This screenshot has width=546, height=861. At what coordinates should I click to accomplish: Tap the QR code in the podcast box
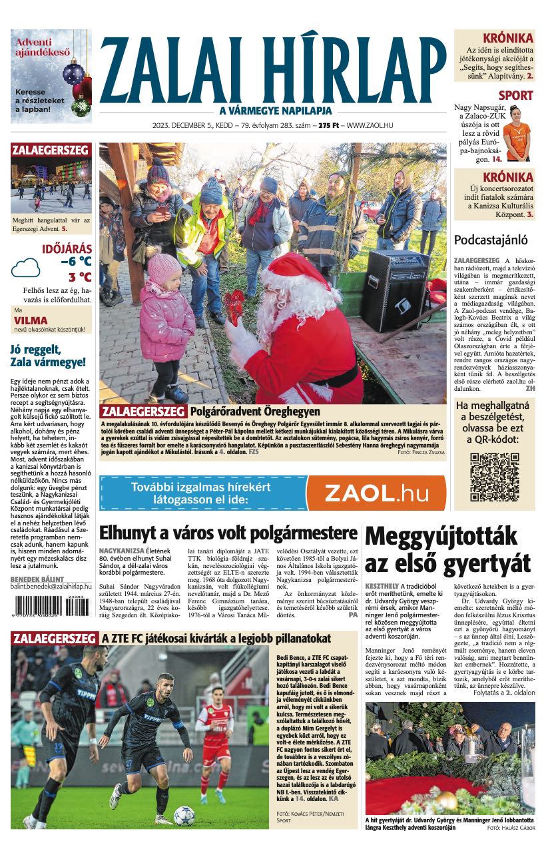pos(494,476)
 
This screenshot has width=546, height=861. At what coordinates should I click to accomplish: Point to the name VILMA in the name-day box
pos(31,320)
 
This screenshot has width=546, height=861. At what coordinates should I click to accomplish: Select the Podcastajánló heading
pos(490,240)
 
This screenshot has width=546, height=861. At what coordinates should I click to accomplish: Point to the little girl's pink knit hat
pos(163,267)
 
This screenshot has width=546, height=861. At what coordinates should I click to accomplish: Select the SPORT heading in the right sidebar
pos(515,95)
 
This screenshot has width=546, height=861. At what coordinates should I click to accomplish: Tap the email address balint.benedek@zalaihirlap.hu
pos(51,586)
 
